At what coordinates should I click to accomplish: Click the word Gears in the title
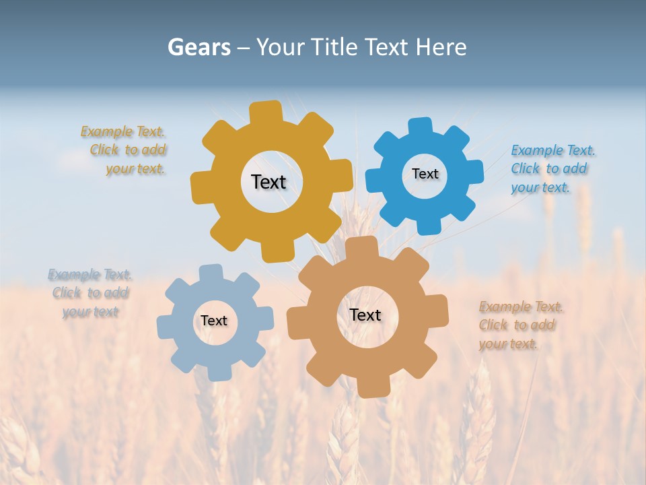199,47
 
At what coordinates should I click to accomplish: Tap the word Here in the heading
441,47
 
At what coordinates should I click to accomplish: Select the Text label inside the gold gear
268,182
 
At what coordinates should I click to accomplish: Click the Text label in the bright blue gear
425,174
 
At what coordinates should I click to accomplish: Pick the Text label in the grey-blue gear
214,321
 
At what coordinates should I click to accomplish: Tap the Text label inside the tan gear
365,315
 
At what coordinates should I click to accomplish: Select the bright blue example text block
552,168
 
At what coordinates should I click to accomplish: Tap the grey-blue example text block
90,293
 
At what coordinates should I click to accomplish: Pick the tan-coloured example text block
519,325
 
